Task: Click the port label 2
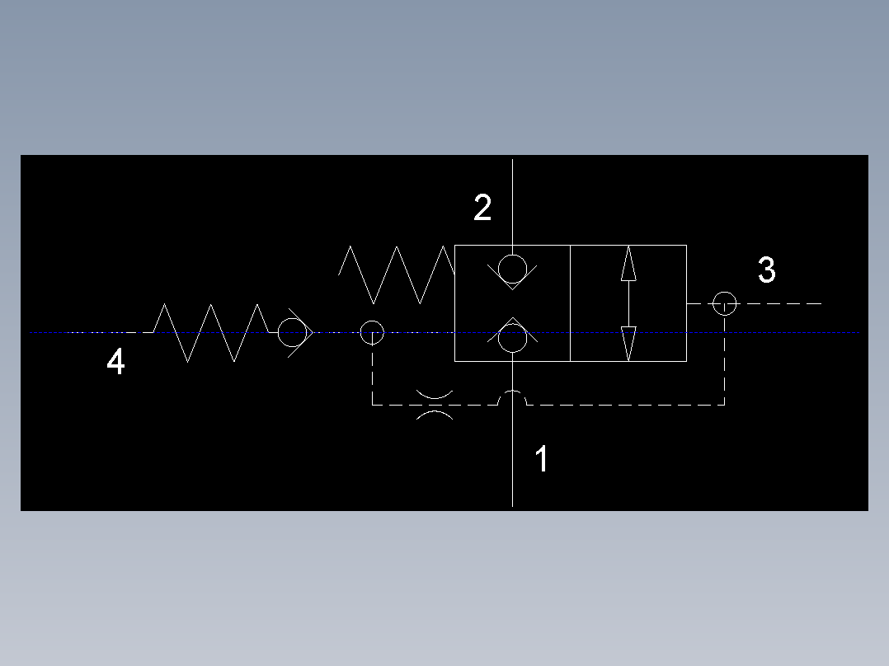click(482, 208)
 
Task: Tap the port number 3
click(767, 270)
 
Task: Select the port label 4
click(115, 360)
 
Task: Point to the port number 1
click(542, 458)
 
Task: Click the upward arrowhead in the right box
click(628, 263)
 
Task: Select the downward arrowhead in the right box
click(628, 344)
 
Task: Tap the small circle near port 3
click(725, 292)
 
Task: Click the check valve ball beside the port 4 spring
click(292, 318)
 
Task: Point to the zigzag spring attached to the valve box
click(397, 275)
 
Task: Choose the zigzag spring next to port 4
click(210, 333)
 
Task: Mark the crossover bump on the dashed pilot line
click(513, 391)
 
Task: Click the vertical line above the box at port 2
click(513, 202)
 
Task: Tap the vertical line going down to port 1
click(513, 434)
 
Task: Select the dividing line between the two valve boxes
click(570, 303)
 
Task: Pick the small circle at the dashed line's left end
click(372, 321)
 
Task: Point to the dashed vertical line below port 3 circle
click(725, 360)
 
